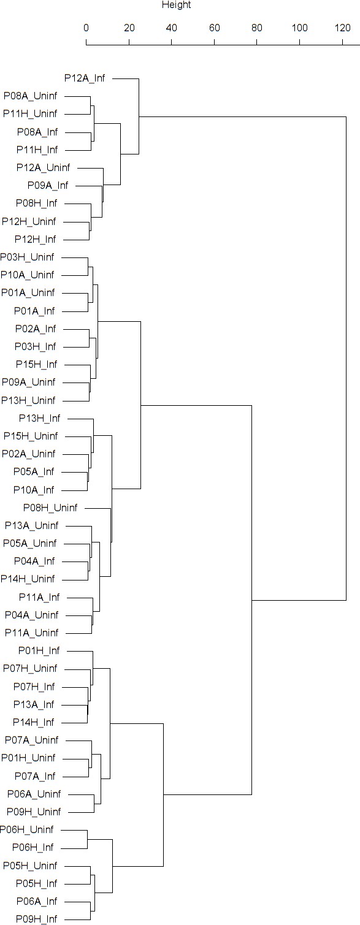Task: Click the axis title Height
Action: coord(176,6)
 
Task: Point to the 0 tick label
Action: coord(86,28)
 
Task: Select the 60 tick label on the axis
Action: coord(214,28)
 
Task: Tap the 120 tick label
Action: coord(342,28)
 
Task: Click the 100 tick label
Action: coord(300,28)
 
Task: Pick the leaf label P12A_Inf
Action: coord(85,78)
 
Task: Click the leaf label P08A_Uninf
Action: coord(30,96)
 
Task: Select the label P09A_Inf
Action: coord(48,185)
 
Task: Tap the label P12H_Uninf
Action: coord(29,221)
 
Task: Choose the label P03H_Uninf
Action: coord(27,257)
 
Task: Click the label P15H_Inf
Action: coord(36,364)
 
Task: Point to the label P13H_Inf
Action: coord(40,418)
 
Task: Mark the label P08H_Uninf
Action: coord(50,508)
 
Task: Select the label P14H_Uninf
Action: coord(28,579)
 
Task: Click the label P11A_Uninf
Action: coord(32,633)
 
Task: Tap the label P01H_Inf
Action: coord(39,651)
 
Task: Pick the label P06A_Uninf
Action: coord(34,794)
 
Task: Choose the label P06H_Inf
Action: coord(33,847)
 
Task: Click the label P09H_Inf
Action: coord(36,919)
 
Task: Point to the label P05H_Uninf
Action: coord(30,865)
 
